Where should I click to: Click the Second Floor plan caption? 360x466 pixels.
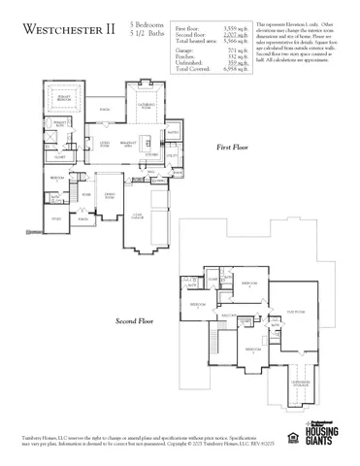pyautogui.click(x=135, y=319)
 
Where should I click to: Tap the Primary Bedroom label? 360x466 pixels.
pyautogui.click(x=68, y=99)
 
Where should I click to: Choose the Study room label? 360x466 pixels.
pyautogui.click(x=56, y=219)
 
